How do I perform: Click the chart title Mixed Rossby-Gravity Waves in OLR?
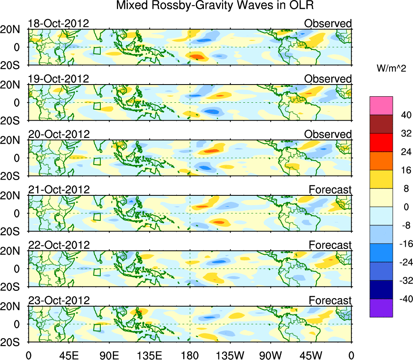(215, 6)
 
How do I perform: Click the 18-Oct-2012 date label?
(58, 23)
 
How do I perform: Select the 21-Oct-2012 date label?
(58, 190)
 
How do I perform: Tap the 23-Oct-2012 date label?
(58, 301)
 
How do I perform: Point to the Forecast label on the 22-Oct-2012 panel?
(330, 245)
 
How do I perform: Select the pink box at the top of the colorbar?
(381, 106)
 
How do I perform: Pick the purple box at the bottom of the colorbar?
(381, 308)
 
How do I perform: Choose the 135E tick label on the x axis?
(149, 356)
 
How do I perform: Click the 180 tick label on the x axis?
(190, 356)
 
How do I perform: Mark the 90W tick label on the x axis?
(271, 356)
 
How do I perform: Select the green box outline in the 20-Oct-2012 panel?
(97, 161)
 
